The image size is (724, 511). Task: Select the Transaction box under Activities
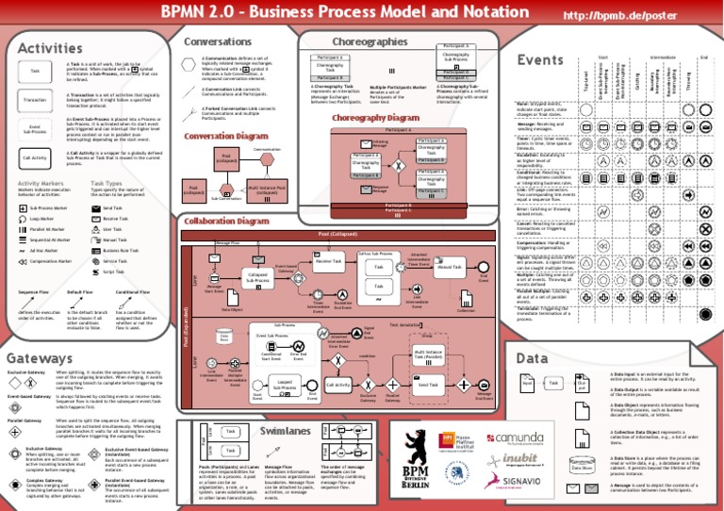coord(35,99)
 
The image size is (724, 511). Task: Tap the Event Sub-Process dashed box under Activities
coord(35,128)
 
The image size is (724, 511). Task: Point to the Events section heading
coord(540,60)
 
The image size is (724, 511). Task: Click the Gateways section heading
coord(40,358)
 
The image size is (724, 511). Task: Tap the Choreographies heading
coord(370,41)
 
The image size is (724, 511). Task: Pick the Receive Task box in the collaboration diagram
coord(328,262)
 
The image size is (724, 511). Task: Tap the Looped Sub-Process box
coord(284,385)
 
